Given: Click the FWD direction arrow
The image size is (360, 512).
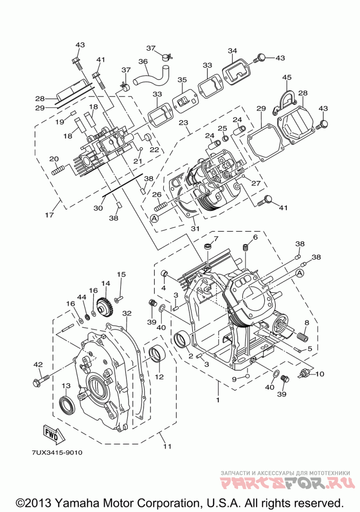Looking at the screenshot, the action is pyautogui.click(x=51, y=434).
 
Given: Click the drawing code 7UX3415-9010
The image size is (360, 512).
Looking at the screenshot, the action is pyautogui.click(x=57, y=453).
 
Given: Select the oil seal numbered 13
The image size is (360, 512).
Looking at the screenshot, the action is pyautogui.click(x=67, y=404).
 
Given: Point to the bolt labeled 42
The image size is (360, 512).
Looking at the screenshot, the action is pyautogui.click(x=41, y=380).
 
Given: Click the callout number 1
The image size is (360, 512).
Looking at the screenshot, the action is pyautogui.click(x=217, y=400).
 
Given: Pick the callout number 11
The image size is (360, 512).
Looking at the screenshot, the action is pyautogui.click(x=167, y=446).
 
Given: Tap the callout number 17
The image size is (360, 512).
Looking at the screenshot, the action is pyautogui.click(x=49, y=215).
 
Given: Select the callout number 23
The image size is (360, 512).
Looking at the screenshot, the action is pyautogui.click(x=184, y=123).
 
